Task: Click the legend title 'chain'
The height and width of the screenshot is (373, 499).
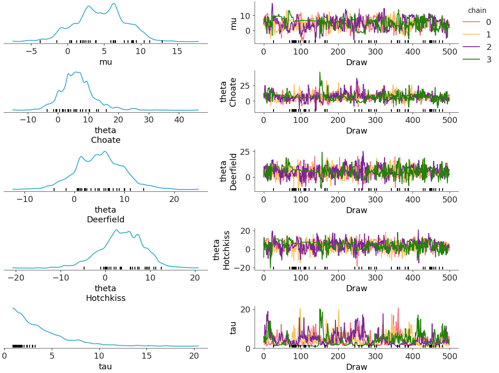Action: [477, 10]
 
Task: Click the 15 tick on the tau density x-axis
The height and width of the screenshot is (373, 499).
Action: [146, 356]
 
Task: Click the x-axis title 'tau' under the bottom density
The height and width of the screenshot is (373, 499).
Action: [105, 367]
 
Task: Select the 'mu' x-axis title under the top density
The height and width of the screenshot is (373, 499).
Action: [105, 62]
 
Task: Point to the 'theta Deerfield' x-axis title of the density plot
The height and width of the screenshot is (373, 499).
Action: [105, 214]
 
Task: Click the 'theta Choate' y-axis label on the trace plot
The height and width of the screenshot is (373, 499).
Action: [229, 92]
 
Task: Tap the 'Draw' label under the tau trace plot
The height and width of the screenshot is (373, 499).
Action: [356, 367]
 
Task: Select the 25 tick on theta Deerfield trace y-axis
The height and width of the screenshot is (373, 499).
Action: [245, 152]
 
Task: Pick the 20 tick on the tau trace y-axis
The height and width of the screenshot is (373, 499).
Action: [245, 309]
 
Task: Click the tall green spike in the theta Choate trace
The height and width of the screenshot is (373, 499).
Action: [319, 73]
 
